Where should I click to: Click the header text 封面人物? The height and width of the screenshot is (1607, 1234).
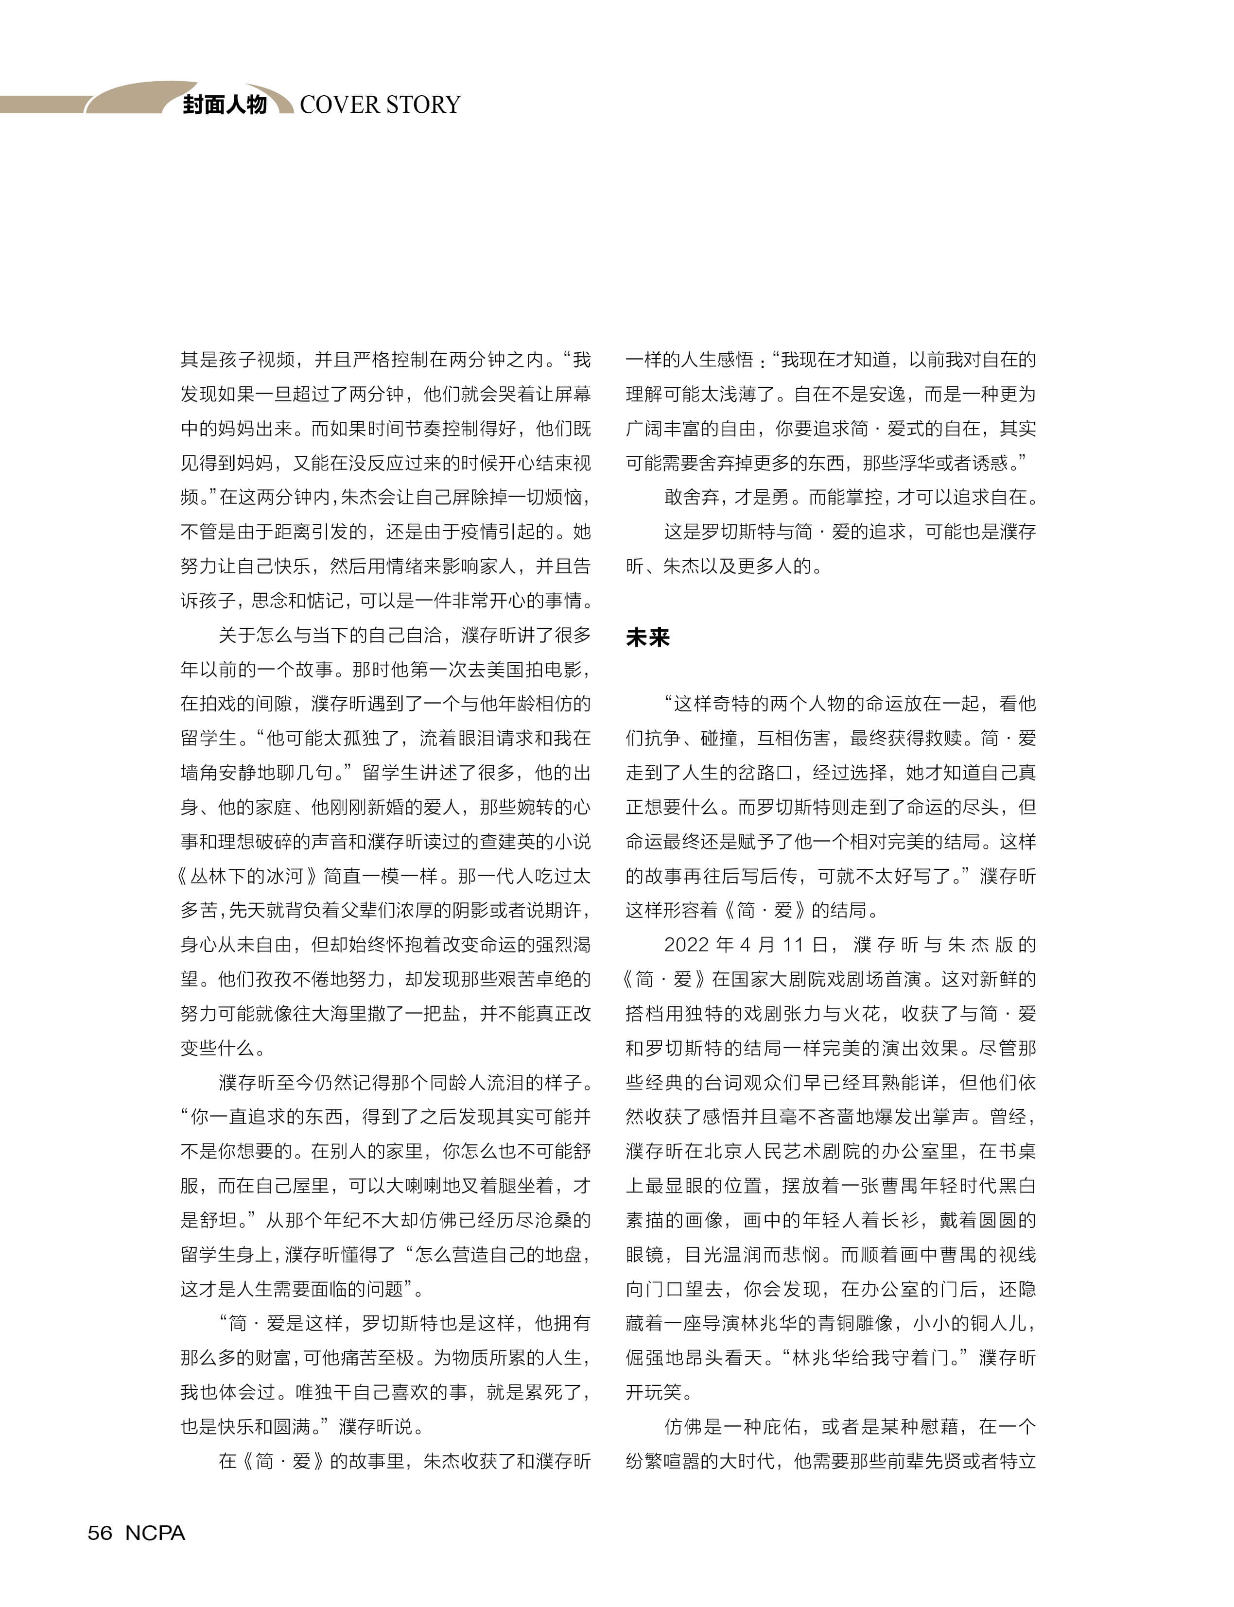click(224, 105)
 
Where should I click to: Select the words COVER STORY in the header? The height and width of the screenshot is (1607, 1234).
click(380, 105)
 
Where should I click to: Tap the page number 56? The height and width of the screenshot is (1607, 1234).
click(100, 1533)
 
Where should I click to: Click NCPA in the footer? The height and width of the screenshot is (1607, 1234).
click(155, 1533)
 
